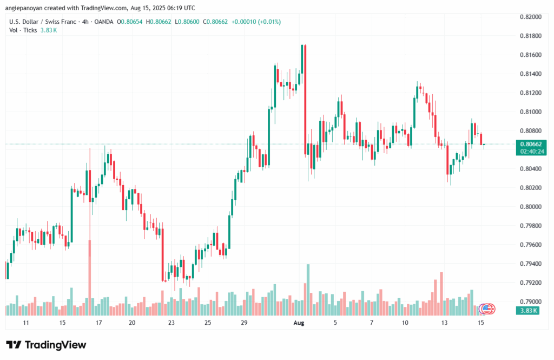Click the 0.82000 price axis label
(531, 17)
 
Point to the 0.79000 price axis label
(531, 302)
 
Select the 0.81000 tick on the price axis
(531, 112)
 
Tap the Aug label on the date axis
(299, 323)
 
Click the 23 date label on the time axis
(172, 323)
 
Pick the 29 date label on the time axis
(244, 323)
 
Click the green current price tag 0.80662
(531, 145)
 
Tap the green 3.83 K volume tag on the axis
(527, 311)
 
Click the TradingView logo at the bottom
(46, 345)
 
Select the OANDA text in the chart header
(103, 22)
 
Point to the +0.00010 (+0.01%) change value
(256, 22)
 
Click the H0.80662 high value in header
(159, 22)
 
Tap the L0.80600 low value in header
(187, 22)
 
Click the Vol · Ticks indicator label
(23, 30)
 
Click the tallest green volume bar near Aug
(308, 290)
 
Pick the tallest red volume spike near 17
(90, 278)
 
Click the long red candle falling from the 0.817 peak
(305, 100)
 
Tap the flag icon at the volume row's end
(487, 309)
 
